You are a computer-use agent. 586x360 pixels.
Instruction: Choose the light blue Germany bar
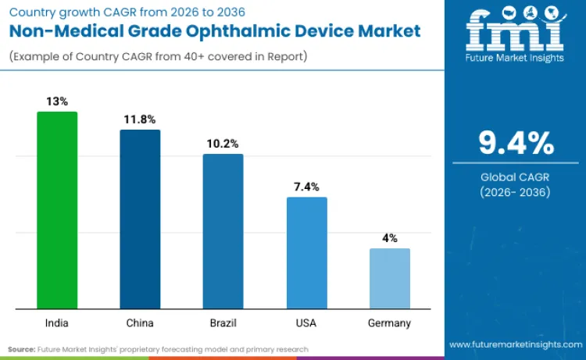pyautogui.click(x=389, y=278)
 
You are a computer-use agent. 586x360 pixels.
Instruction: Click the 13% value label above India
pyautogui.click(x=57, y=101)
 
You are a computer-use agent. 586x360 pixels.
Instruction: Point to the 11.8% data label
pyautogui.click(x=140, y=119)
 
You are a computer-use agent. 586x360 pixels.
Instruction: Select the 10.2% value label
pyautogui.click(x=223, y=144)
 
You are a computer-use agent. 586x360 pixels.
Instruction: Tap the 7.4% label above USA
pyautogui.click(x=306, y=187)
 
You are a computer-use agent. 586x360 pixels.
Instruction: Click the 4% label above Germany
pyautogui.click(x=389, y=238)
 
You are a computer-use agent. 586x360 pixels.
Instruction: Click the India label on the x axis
pyautogui.click(x=57, y=323)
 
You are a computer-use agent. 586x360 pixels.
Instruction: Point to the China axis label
pyautogui.click(x=140, y=323)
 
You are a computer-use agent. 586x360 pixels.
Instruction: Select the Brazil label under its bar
pyautogui.click(x=223, y=323)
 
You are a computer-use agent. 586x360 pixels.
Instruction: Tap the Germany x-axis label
pyautogui.click(x=389, y=323)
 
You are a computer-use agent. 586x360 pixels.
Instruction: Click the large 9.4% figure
pyautogui.click(x=516, y=144)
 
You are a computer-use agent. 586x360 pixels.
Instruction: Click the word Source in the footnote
pyautogui.click(x=23, y=349)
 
